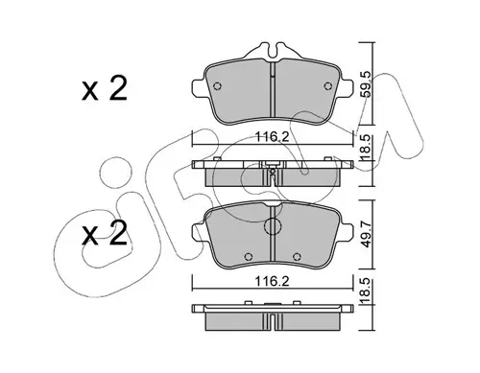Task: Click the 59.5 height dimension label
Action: click(x=366, y=84)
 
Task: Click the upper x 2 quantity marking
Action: click(x=105, y=88)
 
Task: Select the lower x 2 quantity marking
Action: click(x=105, y=233)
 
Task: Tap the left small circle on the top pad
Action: click(x=217, y=86)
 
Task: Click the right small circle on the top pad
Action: click(x=327, y=86)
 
